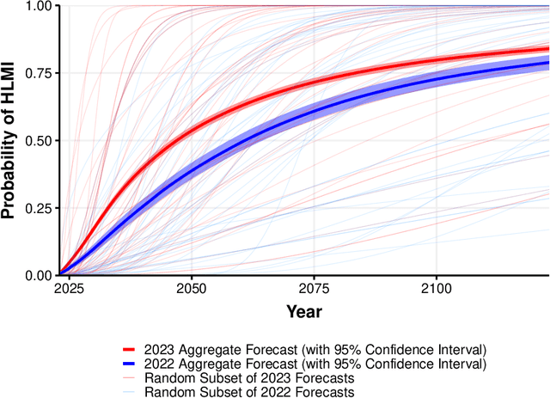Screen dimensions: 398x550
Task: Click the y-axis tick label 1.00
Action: tap(37, 6)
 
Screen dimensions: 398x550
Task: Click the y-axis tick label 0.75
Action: tap(37, 73)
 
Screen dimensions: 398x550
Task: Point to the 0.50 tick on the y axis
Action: tap(37, 140)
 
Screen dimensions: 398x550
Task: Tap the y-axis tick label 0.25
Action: tap(37, 208)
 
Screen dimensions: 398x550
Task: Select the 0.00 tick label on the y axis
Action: tap(37, 275)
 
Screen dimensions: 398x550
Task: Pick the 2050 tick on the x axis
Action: tap(191, 289)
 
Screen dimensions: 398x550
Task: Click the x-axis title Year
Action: tap(304, 311)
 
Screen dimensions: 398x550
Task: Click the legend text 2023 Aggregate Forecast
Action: tap(315, 349)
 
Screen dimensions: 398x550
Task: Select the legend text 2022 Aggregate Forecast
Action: tap(315, 364)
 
